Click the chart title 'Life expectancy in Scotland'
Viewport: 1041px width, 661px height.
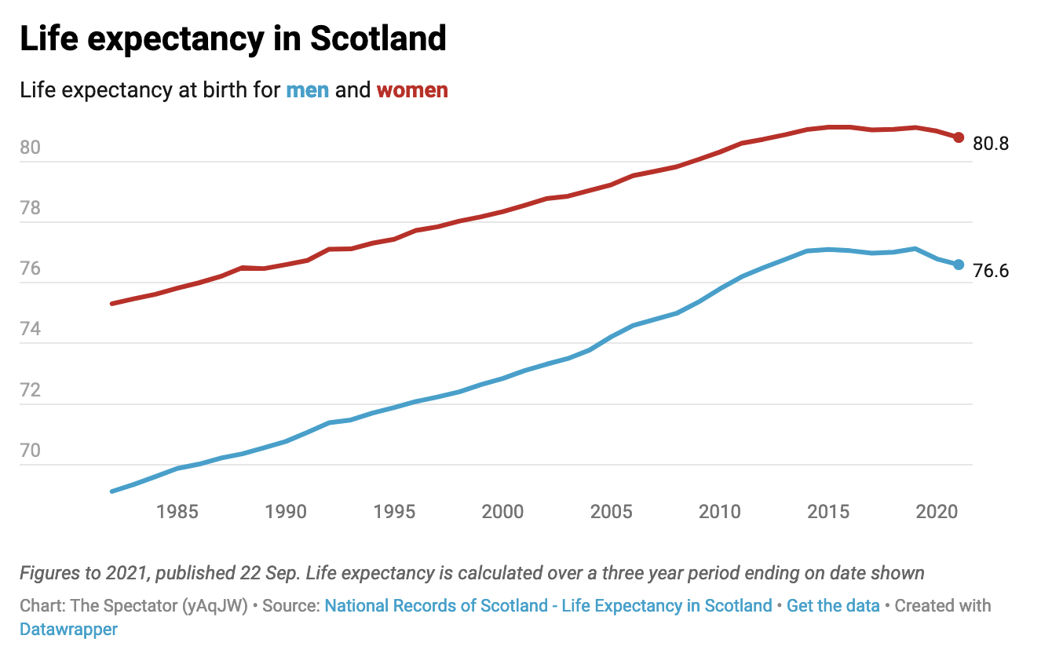pyautogui.click(x=233, y=39)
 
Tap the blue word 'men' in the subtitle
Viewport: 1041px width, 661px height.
pyautogui.click(x=307, y=90)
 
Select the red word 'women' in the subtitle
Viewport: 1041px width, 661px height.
pyautogui.click(x=412, y=90)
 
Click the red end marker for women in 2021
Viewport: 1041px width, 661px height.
pyautogui.click(x=959, y=137)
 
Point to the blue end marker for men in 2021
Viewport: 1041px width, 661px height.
pyautogui.click(x=959, y=265)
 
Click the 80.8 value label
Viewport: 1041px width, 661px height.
pyautogui.click(x=991, y=144)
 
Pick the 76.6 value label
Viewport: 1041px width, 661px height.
pyautogui.click(x=991, y=272)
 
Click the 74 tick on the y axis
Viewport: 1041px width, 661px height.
pyautogui.click(x=31, y=330)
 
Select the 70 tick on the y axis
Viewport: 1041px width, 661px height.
pyautogui.click(x=31, y=451)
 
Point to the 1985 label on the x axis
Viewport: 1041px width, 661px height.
pyautogui.click(x=177, y=512)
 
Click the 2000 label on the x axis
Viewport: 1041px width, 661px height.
pyautogui.click(x=502, y=512)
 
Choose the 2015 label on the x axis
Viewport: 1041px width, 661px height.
pyautogui.click(x=828, y=512)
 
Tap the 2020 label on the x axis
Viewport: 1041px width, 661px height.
pyautogui.click(x=937, y=512)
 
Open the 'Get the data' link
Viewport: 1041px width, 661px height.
pyautogui.click(x=834, y=606)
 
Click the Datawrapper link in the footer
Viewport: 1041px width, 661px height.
pyautogui.click(x=69, y=630)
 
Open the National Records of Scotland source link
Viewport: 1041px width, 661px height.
pyautogui.click(x=548, y=606)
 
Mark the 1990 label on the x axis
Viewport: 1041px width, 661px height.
pyautogui.click(x=286, y=512)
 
